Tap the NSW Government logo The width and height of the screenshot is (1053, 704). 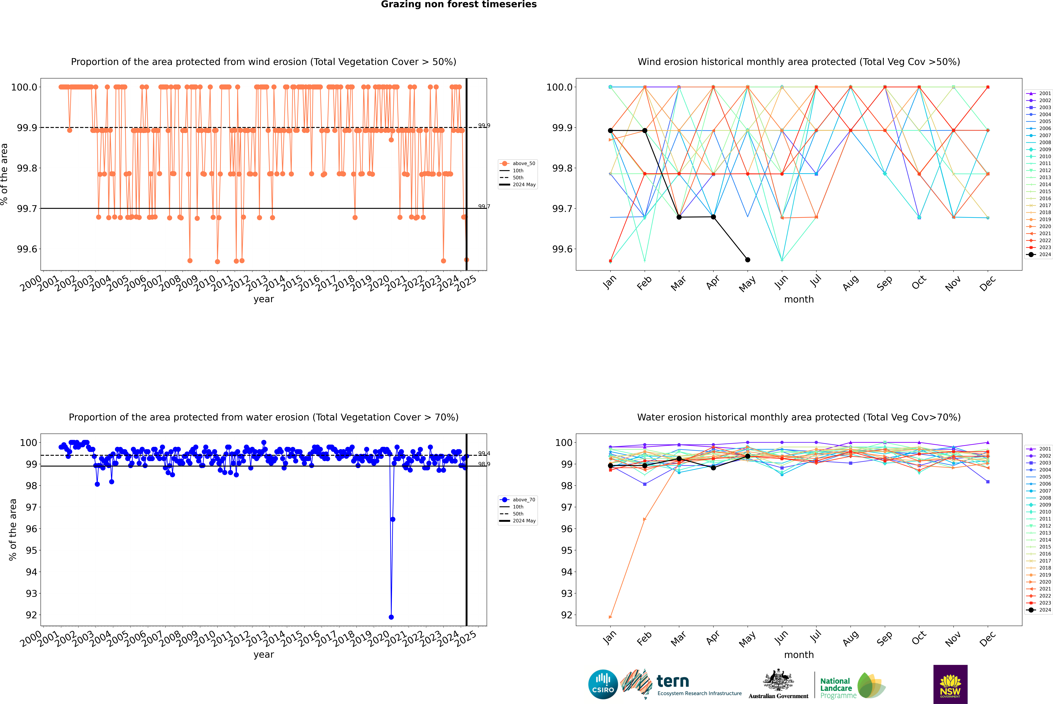950,684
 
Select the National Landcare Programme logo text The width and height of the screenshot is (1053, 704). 836,688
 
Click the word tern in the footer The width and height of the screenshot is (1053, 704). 672,681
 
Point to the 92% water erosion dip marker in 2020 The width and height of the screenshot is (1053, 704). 391,617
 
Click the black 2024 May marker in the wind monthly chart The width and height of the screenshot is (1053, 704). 747,260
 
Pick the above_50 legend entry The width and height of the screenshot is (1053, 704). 523,163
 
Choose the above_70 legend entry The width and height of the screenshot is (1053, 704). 523,500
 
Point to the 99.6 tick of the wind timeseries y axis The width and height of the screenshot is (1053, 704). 27,249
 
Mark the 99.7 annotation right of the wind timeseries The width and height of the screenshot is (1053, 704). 484,206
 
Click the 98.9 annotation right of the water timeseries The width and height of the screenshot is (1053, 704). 484,464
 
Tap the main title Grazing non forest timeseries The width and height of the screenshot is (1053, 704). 459,4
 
